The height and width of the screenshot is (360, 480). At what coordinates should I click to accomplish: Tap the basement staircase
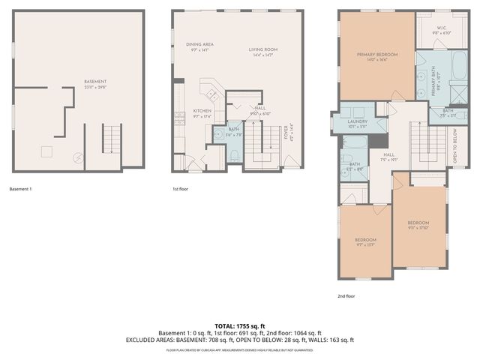(x=110, y=140)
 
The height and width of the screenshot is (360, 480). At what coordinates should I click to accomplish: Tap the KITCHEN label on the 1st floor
(x=202, y=111)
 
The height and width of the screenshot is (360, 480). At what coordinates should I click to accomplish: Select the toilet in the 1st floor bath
(x=233, y=156)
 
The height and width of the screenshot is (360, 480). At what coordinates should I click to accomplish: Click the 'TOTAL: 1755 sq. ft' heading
(x=240, y=326)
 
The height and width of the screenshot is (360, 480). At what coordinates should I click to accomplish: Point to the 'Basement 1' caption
(x=20, y=189)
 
